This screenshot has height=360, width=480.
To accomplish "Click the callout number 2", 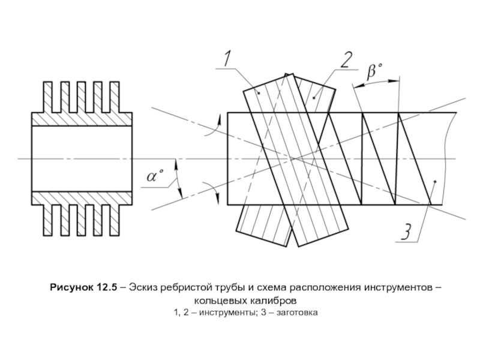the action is tap(346, 59).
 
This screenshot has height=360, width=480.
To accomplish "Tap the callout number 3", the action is tap(406, 232).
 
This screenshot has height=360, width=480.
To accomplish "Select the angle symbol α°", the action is tap(155, 176).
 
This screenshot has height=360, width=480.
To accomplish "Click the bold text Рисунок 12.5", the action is tap(83, 288).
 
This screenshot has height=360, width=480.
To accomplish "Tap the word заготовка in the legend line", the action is tap(297, 313).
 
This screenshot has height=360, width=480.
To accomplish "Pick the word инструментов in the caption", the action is tap(398, 288).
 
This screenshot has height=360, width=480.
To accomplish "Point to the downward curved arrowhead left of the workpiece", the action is tap(218, 198).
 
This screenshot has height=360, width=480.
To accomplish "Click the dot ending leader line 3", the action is tap(435, 182).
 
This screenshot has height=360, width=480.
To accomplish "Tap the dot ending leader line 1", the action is tap(259, 93).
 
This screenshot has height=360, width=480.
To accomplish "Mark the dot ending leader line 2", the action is tap(314, 98).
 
